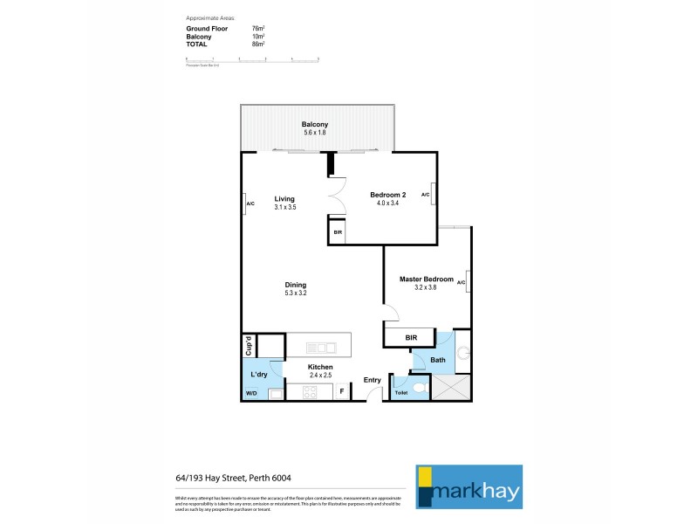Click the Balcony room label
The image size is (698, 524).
(314, 125)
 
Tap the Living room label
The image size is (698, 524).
(284, 199)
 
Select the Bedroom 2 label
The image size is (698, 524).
(388, 195)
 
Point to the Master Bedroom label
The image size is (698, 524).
(427, 279)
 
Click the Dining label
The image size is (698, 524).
(295, 285)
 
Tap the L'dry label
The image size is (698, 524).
(258, 375)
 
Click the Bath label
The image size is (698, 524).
(437, 360)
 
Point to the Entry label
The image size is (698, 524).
(373, 380)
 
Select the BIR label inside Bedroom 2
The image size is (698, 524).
(338, 233)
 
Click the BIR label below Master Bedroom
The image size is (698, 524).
(413, 337)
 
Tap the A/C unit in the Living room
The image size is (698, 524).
(250, 203)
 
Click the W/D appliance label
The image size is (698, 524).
(251, 394)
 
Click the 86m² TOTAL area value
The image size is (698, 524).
(257, 43)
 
